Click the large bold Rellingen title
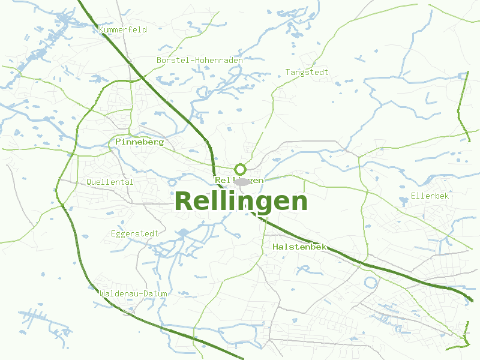(x=241, y=201)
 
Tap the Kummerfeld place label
(x=123, y=30)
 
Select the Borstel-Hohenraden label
(x=199, y=61)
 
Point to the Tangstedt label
(x=307, y=73)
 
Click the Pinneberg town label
(x=139, y=142)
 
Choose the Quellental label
(x=110, y=182)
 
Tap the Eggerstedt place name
(x=134, y=233)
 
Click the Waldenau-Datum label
(x=133, y=293)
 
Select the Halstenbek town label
(x=299, y=247)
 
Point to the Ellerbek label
(x=430, y=196)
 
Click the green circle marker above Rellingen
(x=240, y=169)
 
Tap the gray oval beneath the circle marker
(x=241, y=181)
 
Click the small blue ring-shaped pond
(x=370, y=282)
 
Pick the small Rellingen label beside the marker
(x=239, y=180)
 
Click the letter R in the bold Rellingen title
(x=185, y=202)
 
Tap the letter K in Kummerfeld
(x=101, y=30)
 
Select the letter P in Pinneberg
(x=118, y=142)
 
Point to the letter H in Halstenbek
(x=275, y=247)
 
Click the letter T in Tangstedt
(x=288, y=73)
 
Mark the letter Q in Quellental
(x=89, y=182)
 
